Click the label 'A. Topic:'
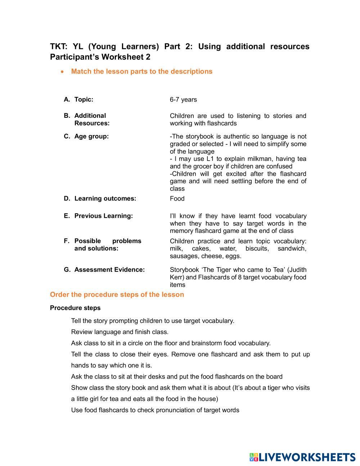click(78, 99)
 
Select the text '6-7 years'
click(183, 100)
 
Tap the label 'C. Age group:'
click(86, 136)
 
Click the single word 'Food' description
click(177, 199)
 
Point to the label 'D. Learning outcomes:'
click(100, 199)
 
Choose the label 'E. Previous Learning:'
click(98, 216)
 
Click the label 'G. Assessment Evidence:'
click(104, 270)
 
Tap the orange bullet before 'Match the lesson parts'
click(63, 72)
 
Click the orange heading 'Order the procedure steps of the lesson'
click(117, 295)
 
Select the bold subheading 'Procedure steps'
click(75, 308)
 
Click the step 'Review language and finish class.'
click(120, 332)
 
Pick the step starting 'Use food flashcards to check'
click(155, 410)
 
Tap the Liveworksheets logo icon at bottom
click(254, 457)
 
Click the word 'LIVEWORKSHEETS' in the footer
click(307, 457)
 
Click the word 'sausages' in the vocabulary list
click(182, 256)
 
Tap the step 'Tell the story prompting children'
click(153, 321)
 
